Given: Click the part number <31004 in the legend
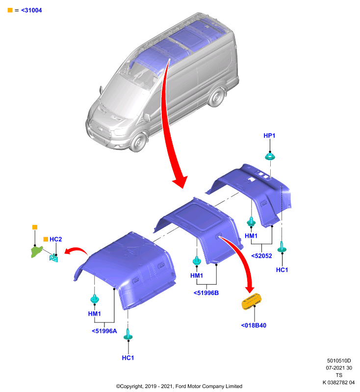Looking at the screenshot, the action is (x=31, y=10).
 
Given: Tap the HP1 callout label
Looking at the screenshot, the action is (x=269, y=136).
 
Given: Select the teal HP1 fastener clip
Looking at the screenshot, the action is (x=270, y=157).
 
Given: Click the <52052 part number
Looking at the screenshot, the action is (x=261, y=256).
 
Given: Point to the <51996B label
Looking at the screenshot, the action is (x=206, y=293).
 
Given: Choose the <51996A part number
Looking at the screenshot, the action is (x=104, y=331).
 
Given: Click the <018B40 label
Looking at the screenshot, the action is (x=254, y=325).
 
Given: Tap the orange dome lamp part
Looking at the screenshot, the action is (x=252, y=301).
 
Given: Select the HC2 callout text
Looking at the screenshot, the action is (x=55, y=239).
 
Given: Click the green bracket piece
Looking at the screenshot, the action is (x=36, y=251).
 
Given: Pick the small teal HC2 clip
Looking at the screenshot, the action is (x=54, y=258).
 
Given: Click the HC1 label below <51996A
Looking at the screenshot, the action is (x=128, y=358).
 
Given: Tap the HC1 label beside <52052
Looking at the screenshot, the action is (x=282, y=270).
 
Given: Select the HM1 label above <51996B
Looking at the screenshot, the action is (x=196, y=275).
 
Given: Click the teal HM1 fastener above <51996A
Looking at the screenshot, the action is (x=95, y=299).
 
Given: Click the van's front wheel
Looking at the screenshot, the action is (x=138, y=142).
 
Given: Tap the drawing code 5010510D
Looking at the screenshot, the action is (x=339, y=361).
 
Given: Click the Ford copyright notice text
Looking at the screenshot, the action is (x=179, y=386).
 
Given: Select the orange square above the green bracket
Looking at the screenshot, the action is (x=35, y=227).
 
